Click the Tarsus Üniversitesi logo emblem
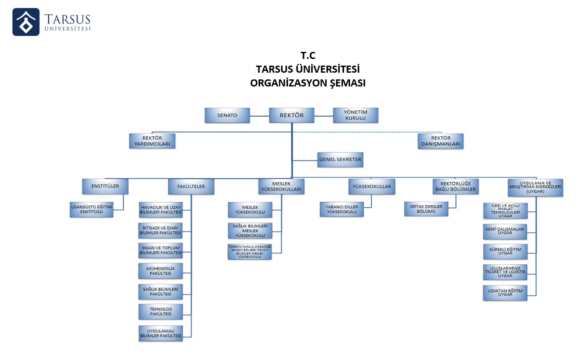point(26,22)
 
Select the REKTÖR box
point(292,115)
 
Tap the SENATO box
point(227,115)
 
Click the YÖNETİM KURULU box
point(356,115)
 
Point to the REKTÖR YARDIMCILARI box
point(152,141)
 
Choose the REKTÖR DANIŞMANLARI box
point(440,141)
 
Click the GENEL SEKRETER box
point(340,160)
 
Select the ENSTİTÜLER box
point(105,186)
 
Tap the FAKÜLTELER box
point(192,187)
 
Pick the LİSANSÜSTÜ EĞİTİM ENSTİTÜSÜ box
point(92,210)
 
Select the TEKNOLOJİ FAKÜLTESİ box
point(160,311)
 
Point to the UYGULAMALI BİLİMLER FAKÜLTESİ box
point(160,333)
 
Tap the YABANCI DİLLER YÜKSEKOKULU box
point(342,209)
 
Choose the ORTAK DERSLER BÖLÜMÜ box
point(426,209)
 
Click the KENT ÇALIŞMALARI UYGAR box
point(505,231)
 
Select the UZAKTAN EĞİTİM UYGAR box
point(505,293)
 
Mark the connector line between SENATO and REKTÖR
point(260,116)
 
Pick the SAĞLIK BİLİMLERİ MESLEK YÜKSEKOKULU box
point(250,231)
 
